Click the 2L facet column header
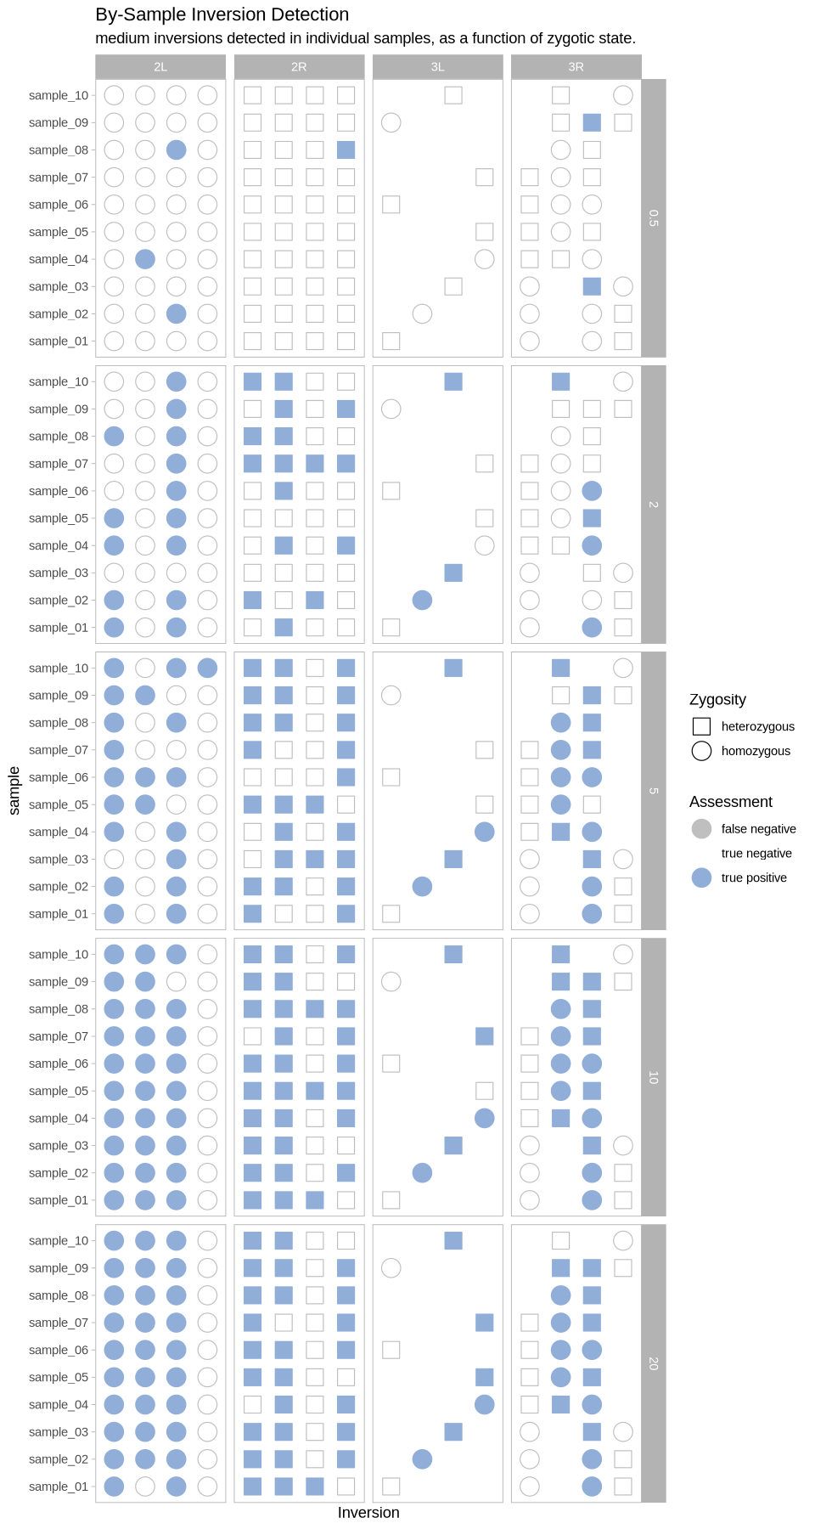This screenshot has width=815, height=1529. pos(160,67)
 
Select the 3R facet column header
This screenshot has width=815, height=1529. pos(576,67)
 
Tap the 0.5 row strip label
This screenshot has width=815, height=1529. pos(653,218)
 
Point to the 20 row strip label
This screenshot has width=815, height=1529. pos(653,1363)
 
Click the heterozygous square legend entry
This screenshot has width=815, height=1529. pos(701,726)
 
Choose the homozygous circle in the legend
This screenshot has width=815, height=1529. pos(701,751)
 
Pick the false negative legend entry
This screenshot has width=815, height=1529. pos(701,829)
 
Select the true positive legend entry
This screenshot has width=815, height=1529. pos(701,877)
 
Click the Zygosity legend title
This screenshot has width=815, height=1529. pos(717,700)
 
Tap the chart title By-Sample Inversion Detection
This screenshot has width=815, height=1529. pos(222,14)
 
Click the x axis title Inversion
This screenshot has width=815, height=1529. pos(368,1513)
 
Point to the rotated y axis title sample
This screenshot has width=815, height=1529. pos(14,790)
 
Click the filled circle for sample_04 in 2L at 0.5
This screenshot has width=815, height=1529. pos(145,259)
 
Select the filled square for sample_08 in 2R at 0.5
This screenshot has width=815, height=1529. pos(346,150)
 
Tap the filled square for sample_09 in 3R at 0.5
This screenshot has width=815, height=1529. pos(592,122)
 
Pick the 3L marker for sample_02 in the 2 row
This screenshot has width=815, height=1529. pos(422,600)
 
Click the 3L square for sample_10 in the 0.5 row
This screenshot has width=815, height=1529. pos(453,95)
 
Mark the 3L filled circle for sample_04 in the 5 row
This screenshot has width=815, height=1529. pos(485,832)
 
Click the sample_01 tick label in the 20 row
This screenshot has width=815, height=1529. pos(58,1487)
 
